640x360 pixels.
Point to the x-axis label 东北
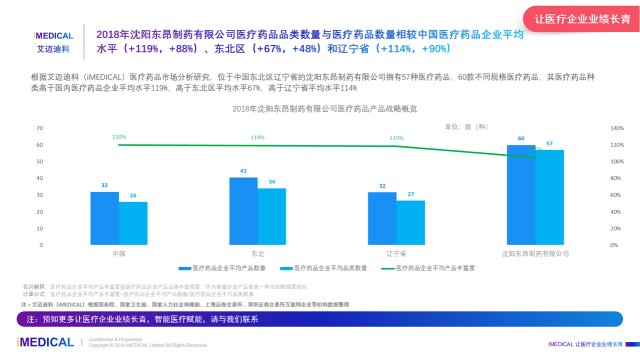[x=258, y=253]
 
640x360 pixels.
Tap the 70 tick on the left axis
[x=40, y=129]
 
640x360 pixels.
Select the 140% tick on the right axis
[x=616, y=129]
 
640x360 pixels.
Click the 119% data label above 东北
[x=257, y=138]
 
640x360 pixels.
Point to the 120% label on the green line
[x=119, y=137]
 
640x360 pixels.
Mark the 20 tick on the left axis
[x=40, y=212]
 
